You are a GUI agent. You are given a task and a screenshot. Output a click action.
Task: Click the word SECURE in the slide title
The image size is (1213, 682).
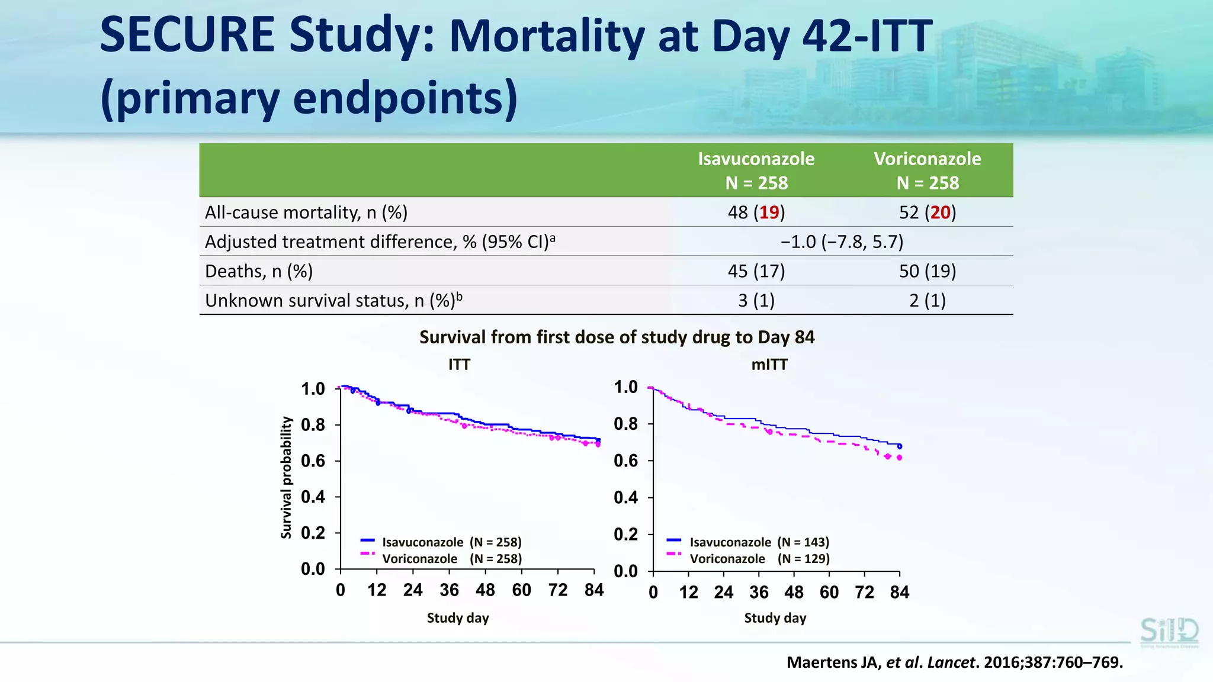coord(187,36)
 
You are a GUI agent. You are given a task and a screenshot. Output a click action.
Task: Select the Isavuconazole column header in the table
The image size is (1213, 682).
coord(756,170)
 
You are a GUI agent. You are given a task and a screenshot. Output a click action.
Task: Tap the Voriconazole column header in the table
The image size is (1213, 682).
coord(927,170)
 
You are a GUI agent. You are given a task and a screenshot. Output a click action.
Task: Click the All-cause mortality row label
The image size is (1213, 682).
coord(306,213)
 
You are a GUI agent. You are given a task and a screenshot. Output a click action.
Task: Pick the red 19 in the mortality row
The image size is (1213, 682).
coord(769,213)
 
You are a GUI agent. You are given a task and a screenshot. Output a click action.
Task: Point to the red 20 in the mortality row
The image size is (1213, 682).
coord(940,213)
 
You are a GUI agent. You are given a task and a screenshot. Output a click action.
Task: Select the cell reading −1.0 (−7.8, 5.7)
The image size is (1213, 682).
coord(842,242)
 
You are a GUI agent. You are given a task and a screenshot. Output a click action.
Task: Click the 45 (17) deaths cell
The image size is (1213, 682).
coord(756,271)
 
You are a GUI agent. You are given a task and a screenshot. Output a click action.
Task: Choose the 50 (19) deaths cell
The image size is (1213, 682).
coord(927,271)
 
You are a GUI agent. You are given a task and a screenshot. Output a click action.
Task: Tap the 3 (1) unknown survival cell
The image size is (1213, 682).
coord(756,301)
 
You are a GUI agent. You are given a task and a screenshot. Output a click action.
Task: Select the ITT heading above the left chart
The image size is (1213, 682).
coord(459,365)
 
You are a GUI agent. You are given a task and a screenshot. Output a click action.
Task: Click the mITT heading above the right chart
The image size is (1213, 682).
coord(769,365)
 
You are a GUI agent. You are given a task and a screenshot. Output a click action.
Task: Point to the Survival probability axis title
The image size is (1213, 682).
coord(287,477)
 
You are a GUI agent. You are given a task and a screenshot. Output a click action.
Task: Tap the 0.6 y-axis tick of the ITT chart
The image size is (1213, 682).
coord(313,461)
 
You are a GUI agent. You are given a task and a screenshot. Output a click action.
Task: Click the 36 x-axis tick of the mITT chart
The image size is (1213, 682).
coord(759,592)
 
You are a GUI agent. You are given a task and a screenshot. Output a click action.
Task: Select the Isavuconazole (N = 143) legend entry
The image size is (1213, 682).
coord(759,542)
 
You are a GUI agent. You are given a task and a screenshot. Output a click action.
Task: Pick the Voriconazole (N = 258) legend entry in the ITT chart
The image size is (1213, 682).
coord(451,559)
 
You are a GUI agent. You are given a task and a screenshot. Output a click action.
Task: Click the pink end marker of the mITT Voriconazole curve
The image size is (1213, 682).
coord(899,458)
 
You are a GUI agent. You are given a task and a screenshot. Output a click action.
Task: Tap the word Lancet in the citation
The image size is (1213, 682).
coord(951,662)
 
